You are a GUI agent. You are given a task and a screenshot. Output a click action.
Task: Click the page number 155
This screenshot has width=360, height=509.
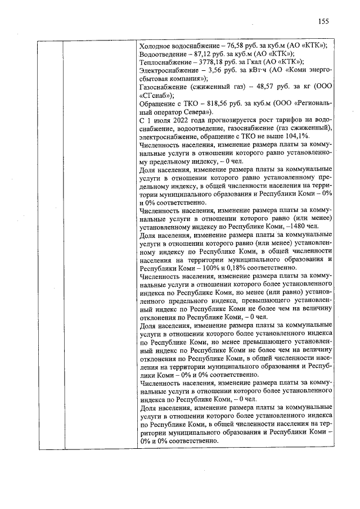323,21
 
